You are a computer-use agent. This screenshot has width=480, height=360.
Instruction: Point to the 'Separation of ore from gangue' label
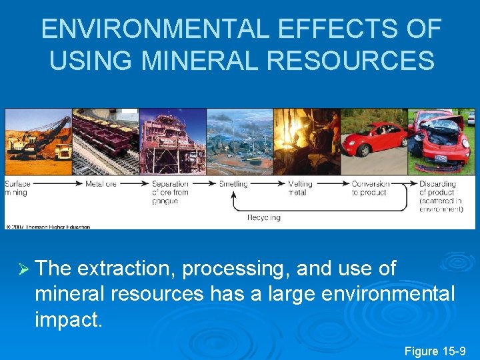(170, 192)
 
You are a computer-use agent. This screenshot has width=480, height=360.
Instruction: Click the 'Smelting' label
(233, 184)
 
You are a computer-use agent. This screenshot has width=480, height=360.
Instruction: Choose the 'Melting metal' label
(300, 188)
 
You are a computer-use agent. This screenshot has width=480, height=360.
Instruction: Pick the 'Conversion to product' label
(370, 188)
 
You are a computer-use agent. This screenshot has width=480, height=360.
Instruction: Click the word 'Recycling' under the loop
(264, 217)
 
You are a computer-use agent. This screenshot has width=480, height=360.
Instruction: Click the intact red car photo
(373, 141)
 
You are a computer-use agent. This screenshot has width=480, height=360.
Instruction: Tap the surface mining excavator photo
(38, 141)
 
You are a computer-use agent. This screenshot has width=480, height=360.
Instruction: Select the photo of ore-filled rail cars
(105, 141)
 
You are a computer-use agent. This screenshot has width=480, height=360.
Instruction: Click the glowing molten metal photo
(307, 141)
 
